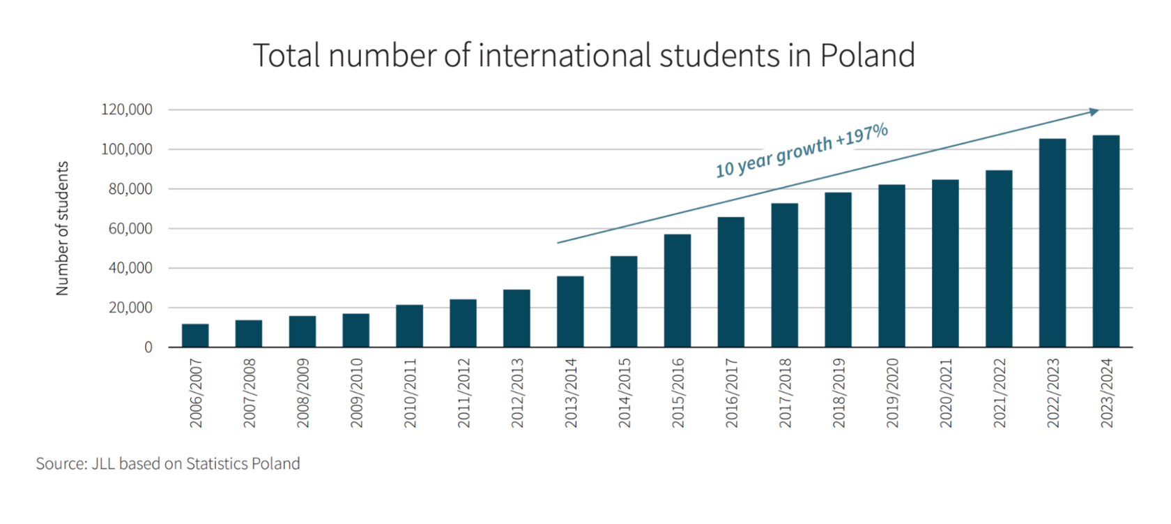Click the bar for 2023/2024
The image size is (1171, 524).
pos(1105,241)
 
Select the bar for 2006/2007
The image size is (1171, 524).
pos(195,336)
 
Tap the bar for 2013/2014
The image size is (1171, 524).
pos(570,312)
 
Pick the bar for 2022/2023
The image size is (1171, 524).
pos(1052,243)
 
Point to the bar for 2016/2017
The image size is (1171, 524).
pos(730,282)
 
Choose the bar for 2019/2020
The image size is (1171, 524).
pos(891,266)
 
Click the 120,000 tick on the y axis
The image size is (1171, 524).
pos(126,110)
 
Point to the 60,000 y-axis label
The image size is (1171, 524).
pos(130,229)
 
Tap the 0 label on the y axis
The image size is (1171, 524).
pos(148,347)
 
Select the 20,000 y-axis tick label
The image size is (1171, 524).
pos(130,308)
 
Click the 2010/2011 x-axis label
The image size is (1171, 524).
pos(410,393)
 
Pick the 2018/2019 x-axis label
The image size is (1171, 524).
pos(839,393)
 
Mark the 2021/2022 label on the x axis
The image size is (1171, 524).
pos(999,393)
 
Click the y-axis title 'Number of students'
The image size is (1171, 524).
pos(63,228)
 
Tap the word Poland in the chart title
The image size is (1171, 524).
pos(867,56)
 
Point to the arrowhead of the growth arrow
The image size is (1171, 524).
pos(1094,111)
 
